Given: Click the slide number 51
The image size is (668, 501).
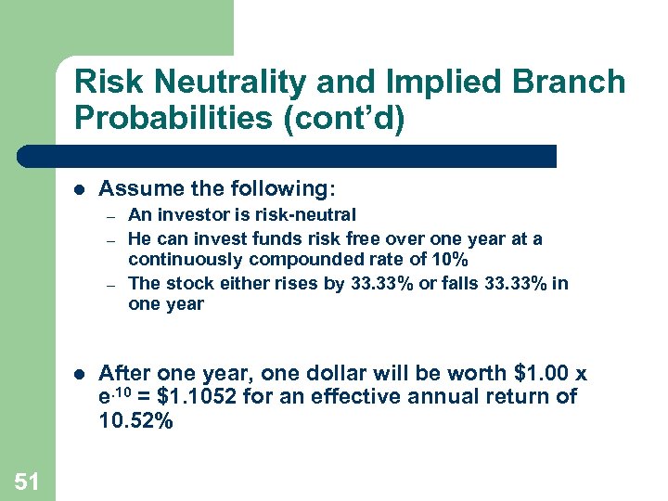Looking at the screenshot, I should (x=27, y=480).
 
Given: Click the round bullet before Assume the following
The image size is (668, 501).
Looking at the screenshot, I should (x=79, y=190).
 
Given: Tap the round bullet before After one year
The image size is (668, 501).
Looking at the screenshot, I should (x=79, y=374).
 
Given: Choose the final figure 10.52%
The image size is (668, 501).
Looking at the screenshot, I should (x=135, y=420).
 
